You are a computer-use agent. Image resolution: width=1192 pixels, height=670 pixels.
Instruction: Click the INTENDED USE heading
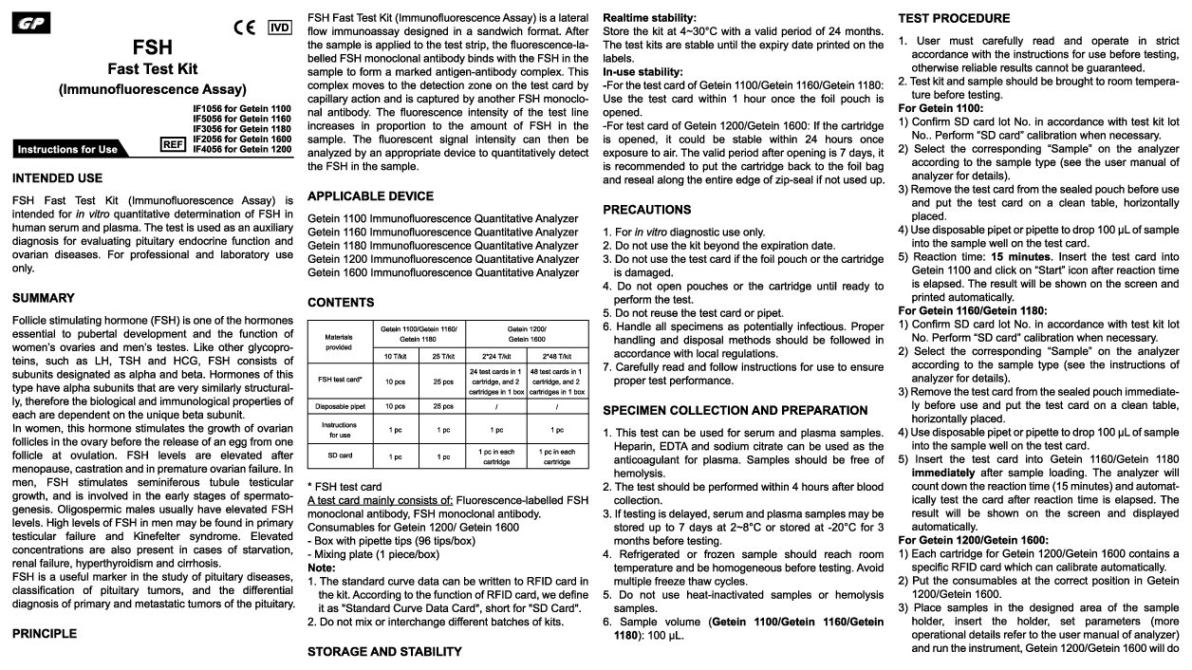click(x=57, y=178)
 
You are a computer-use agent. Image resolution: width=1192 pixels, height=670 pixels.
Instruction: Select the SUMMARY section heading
click(x=43, y=298)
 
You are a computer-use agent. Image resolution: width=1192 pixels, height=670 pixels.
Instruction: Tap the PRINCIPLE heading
click(x=44, y=633)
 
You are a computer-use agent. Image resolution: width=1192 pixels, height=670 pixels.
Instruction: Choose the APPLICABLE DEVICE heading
click(x=370, y=196)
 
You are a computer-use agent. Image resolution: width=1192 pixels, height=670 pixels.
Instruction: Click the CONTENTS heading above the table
click(x=341, y=303)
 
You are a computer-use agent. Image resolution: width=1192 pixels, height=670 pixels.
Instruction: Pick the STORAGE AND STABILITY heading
click(x=384, y=652)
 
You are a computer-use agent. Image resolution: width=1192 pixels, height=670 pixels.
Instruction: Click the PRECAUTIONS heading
click(x=647, y=209)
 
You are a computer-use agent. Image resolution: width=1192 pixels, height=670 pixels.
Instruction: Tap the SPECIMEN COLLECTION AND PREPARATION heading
click(x=736, y=411)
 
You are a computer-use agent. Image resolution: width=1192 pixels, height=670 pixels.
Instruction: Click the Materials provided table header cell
click(x=338, y=342)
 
